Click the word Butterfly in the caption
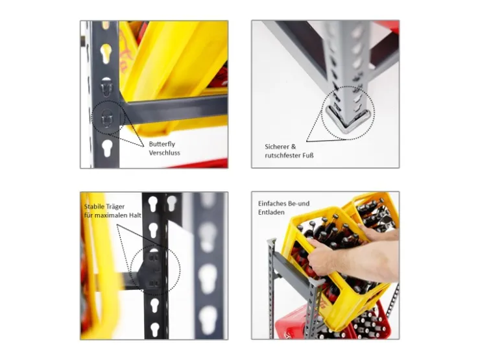coord(162,144)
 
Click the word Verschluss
coord(164,152)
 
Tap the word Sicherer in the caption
coord(277,147)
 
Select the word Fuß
coord(308,155)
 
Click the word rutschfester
coord(283,156)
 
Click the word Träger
coord(115,207)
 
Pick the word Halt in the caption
coord(135,215)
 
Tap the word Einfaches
coord(272,204)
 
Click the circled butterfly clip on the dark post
coord(107,118)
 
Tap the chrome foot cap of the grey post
coord(349,119)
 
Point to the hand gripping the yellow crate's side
coord(323,257)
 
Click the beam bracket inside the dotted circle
coord(150,269)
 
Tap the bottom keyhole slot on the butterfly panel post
coord(107,149)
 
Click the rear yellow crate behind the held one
coord(371,211)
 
